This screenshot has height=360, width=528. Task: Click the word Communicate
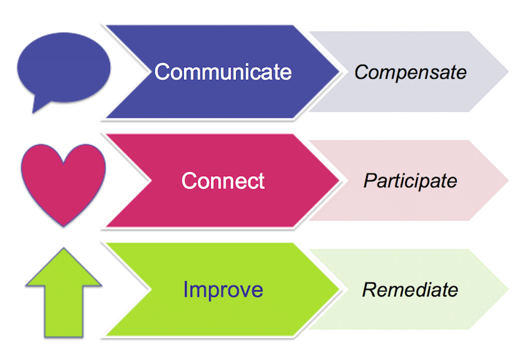click(x=223, y=72)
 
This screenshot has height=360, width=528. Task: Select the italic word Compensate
click(x=410, y=72)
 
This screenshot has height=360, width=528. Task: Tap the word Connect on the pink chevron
click(x=223, y=181)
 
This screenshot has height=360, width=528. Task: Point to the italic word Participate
click(x=410, y=181)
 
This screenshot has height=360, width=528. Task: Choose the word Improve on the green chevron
click(x=223, y=290)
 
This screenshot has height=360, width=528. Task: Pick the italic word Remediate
click(x=410, y=290)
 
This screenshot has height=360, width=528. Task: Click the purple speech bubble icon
click(x=63, y=67)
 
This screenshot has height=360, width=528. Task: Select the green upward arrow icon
click(x=63, y=291)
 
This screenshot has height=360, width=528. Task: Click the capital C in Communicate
click(x=162, y=72)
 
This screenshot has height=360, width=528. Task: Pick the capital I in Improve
click(x=186, y=290)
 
